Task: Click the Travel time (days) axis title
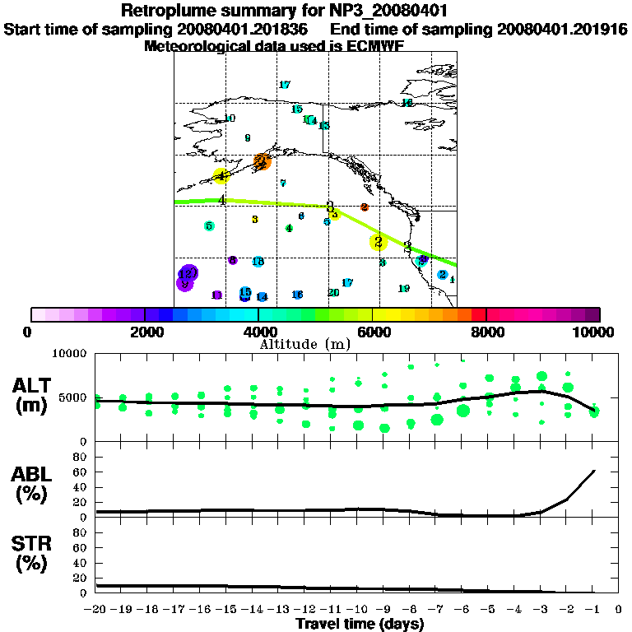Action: [360, 625]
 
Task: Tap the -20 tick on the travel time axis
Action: [96, 610]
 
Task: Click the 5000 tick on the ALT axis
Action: [73, 397]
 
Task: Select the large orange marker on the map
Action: [263, 161]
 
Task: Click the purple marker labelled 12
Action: [188, 272]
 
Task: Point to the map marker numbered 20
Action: [333, 292]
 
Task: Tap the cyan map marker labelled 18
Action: [258, 262]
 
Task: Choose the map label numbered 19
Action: [404, 289]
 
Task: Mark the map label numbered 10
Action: [230, 118]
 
